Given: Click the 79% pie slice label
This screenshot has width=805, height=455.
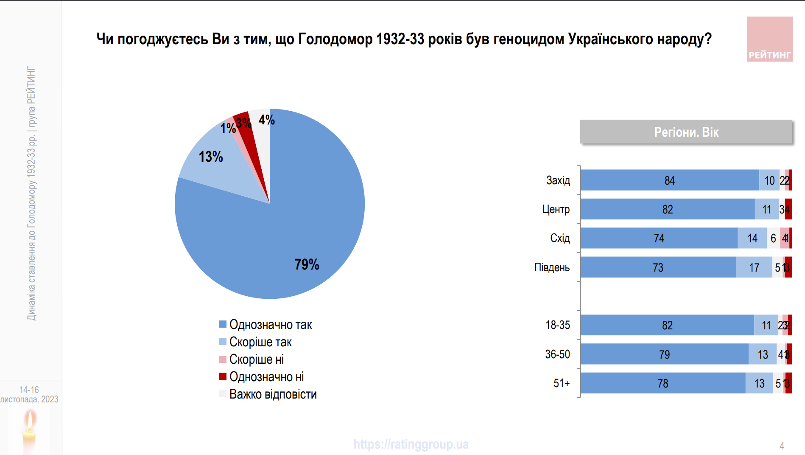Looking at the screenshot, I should [307, 264].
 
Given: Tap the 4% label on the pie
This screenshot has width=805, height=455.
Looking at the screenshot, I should [266, 120].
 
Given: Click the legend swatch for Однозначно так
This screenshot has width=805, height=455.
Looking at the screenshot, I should [223, 324].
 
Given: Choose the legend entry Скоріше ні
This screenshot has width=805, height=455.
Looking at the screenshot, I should [256, 359].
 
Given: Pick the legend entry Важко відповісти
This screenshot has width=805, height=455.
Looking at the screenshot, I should [273, 394].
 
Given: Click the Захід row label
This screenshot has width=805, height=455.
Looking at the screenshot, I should [558, 180].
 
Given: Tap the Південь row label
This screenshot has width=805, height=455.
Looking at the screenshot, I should [552, 267].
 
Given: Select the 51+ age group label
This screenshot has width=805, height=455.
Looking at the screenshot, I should [561, 383].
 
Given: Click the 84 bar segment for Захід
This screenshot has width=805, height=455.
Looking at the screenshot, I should [669, 180].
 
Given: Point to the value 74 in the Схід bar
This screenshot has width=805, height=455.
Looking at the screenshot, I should [659, 239].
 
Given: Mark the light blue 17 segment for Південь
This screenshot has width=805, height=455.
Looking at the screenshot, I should [754, 267].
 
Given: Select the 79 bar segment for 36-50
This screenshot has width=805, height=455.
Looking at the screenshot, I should [664, 354].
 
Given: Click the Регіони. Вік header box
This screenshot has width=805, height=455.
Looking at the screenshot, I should [686, 132].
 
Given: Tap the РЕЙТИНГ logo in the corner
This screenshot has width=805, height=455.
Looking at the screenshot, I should [769, 39].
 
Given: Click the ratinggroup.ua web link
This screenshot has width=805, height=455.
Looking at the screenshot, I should [411, 444].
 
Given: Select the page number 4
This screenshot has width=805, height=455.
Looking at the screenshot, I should [782, 446].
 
